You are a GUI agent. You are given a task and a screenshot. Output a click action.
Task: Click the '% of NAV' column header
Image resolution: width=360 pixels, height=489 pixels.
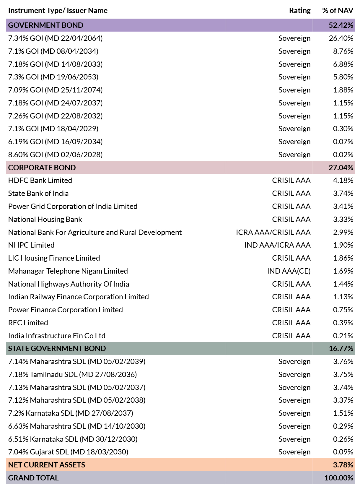[x=338, y=10]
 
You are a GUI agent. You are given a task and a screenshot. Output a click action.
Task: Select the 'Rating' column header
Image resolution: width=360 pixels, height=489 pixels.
[x=300, y=10]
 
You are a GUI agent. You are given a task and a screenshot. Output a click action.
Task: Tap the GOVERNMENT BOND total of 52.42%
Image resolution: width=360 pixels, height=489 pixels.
[x=341, y=25]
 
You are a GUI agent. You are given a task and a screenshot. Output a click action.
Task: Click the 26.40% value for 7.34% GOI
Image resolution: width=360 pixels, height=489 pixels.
[x=341, y=38]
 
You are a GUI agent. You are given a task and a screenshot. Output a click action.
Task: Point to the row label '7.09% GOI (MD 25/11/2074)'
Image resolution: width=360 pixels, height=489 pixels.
[x=56, y=90]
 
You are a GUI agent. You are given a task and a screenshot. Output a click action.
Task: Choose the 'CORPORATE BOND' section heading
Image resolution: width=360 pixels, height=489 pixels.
[x=42, y=168]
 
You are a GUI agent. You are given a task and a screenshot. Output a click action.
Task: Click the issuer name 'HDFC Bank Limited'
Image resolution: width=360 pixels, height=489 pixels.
[x=40, y=180]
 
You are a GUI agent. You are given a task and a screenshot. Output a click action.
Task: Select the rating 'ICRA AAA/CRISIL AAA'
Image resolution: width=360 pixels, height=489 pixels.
[x=273, y=232]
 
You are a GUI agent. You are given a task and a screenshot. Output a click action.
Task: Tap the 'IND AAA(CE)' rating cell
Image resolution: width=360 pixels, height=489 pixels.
[x=289, y=271]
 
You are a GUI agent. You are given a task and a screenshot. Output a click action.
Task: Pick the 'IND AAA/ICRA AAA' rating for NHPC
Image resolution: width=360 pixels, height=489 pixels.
[x=277, y=245]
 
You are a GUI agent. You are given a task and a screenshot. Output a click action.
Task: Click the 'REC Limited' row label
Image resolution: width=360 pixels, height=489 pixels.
[x=28, y=323]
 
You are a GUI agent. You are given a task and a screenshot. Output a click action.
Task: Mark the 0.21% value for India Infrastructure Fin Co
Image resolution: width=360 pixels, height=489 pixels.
[x=343, y=336]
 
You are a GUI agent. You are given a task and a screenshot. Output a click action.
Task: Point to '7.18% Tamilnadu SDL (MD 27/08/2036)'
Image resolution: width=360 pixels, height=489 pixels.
[x=72, y=375]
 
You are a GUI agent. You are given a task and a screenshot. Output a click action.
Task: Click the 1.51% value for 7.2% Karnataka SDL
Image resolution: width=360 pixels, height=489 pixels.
[x=343, y=413]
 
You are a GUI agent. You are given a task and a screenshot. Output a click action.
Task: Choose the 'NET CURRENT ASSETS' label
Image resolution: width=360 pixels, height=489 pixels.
[x=47, y=465]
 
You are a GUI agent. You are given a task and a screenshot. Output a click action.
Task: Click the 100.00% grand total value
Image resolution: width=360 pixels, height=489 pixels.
[x=339, y=478]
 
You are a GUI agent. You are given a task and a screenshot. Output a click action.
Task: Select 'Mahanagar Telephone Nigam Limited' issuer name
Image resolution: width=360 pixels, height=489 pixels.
[x=68, y=271]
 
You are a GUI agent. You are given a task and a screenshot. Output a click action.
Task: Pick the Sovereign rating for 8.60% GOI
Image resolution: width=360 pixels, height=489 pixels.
[x=294, y=155]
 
